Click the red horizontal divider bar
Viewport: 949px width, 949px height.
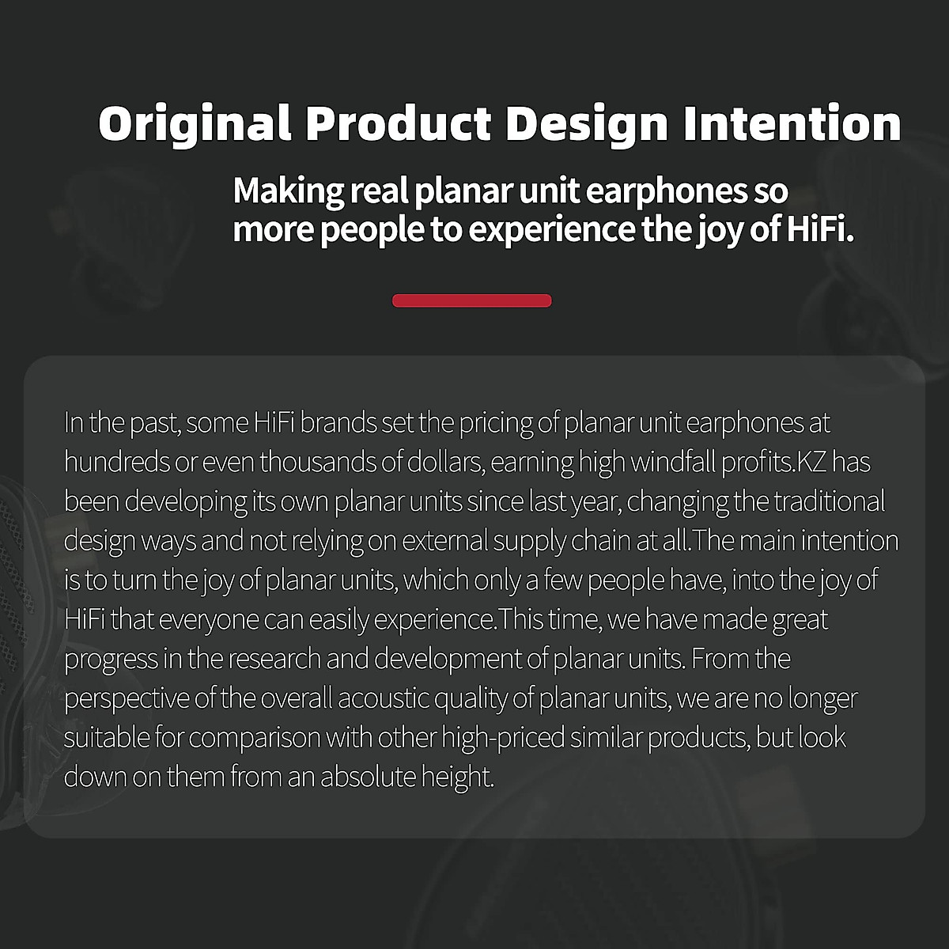[472, 301]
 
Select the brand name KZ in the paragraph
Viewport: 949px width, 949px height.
[810, 462]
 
